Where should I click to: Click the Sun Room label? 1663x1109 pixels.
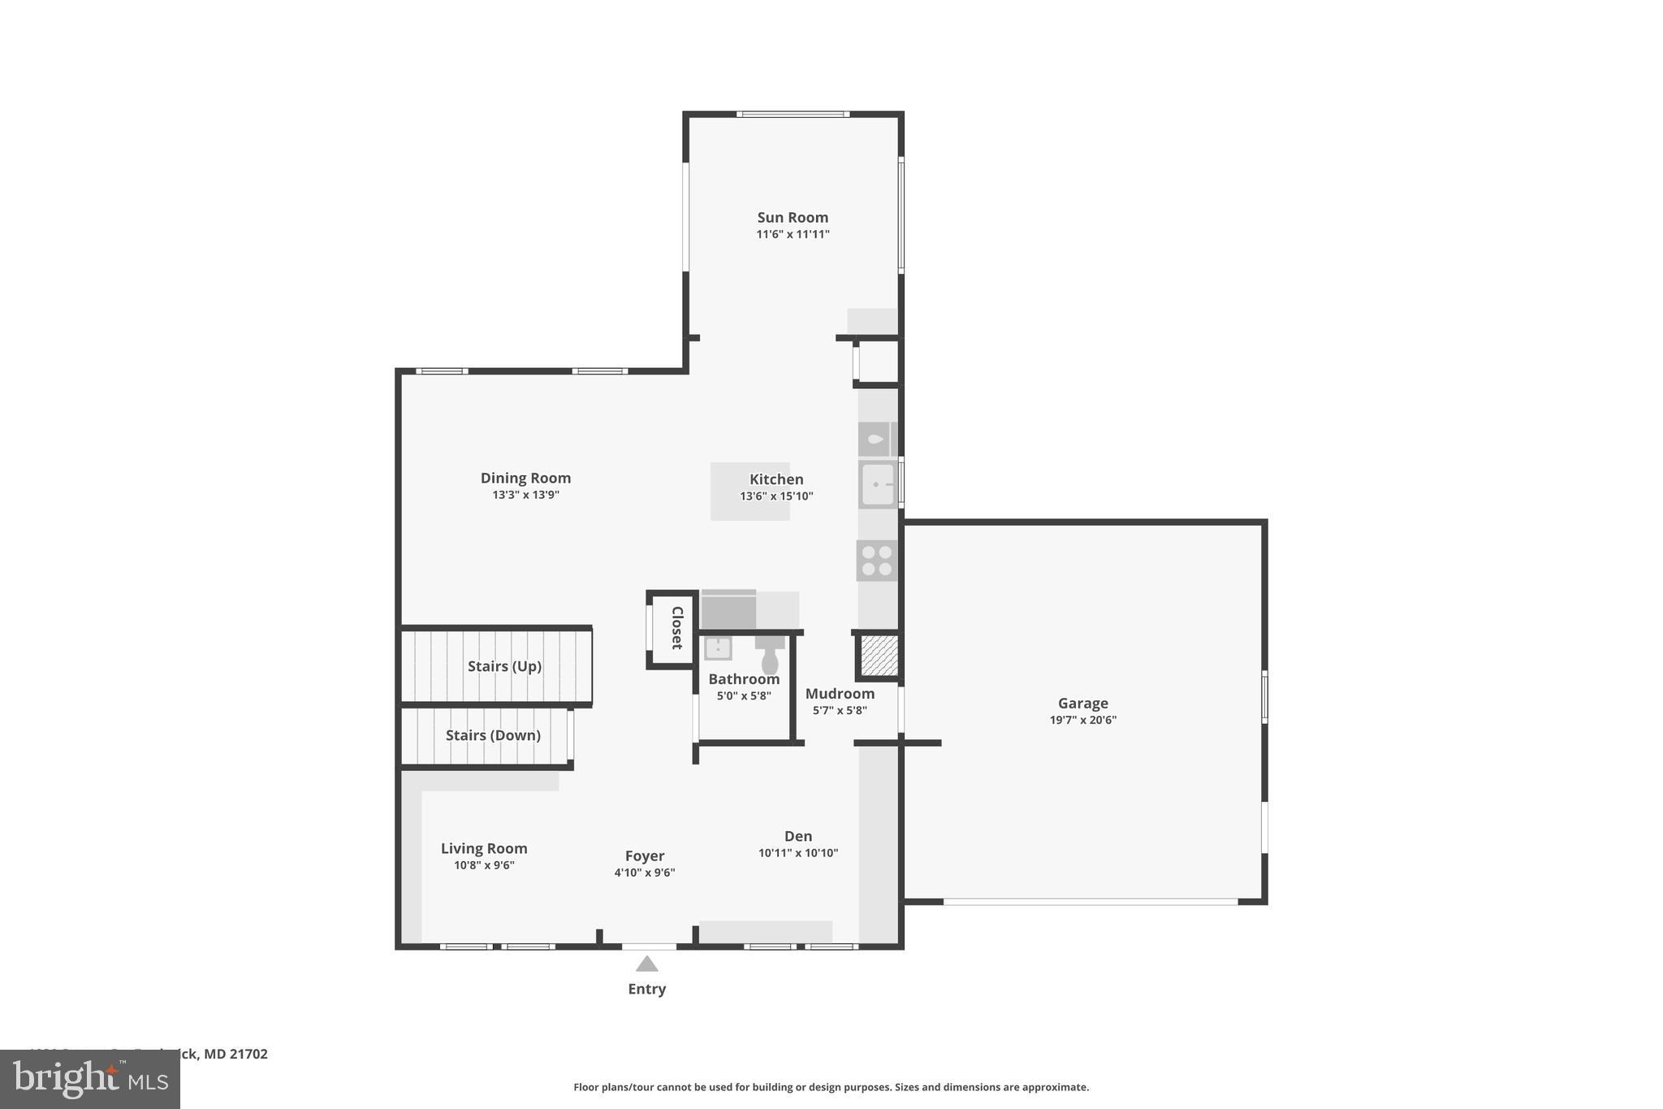[793, 217]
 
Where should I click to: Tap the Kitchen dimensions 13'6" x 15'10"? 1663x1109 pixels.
[776, 496]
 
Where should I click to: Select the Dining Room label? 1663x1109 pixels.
[525, 478]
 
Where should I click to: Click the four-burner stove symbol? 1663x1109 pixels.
[877, 561]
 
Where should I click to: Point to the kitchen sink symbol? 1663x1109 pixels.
[878, 484]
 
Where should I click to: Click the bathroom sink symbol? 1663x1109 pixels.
[718, 648]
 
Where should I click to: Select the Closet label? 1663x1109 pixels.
[676, 627]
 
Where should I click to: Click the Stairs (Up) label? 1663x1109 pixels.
[504, 666]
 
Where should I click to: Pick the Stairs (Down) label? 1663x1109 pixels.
[493, 735]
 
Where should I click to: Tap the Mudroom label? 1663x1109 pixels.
[840, 693]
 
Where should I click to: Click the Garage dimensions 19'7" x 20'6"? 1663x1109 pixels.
[1082, 720]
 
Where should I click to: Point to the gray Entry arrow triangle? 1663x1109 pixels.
[646, 964]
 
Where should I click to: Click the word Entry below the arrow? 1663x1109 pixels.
[646, 989]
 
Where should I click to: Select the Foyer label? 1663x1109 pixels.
[645, 856]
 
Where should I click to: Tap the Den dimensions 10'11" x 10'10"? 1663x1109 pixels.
[798, 853]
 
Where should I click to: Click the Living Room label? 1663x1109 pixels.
[484, 848]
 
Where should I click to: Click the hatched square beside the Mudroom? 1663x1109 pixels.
[879, 656]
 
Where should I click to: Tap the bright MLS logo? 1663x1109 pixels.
[90, 1080]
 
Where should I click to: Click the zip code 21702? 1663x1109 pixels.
[248, 1054]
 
